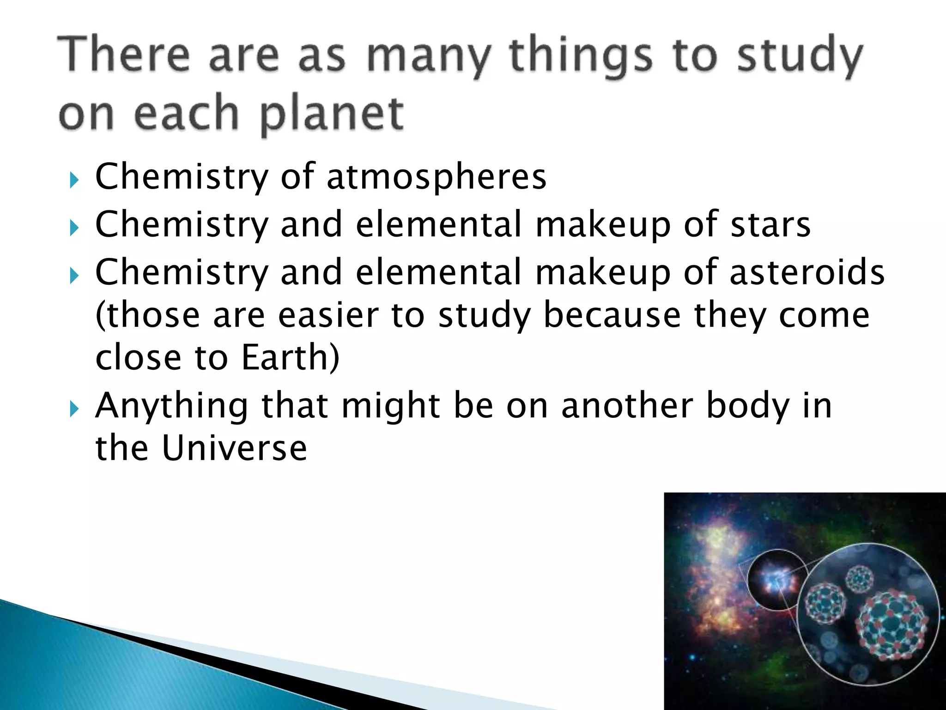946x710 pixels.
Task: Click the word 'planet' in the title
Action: (332, 114)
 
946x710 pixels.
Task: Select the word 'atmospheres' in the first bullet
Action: (437, 177)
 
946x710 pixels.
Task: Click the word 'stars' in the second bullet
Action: (770, 225)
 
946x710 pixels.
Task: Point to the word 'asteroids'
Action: (807, 273)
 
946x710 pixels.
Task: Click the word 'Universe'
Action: (235, 448)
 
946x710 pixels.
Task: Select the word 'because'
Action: (612, 315)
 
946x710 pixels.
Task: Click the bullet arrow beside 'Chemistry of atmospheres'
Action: (74, 180)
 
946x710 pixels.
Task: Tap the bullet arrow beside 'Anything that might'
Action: (74, 409)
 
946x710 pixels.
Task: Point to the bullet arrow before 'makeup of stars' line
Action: (74, 228)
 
